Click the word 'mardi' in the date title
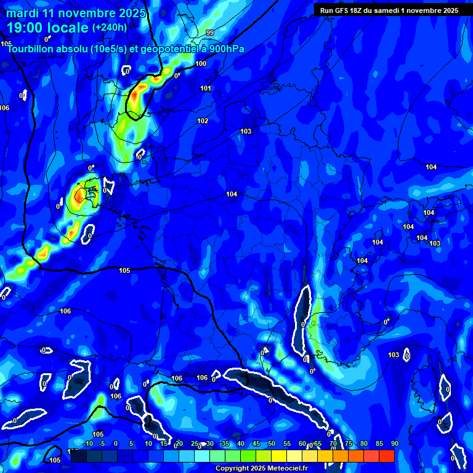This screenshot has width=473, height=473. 22,13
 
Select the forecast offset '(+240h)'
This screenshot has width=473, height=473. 110,28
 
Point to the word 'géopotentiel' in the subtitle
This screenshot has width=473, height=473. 167,49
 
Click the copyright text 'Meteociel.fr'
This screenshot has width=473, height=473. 287,469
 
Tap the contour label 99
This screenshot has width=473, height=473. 210,33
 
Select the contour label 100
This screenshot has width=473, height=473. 201,64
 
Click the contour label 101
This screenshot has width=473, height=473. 206,89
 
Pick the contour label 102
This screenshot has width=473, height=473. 203,121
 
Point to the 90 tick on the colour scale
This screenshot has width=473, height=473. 394,444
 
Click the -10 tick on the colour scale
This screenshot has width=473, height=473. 87,444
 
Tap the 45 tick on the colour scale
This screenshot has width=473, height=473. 256,444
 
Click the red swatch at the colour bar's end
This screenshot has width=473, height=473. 386,456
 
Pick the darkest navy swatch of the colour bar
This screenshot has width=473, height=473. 78,456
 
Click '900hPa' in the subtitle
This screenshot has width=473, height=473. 226,49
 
